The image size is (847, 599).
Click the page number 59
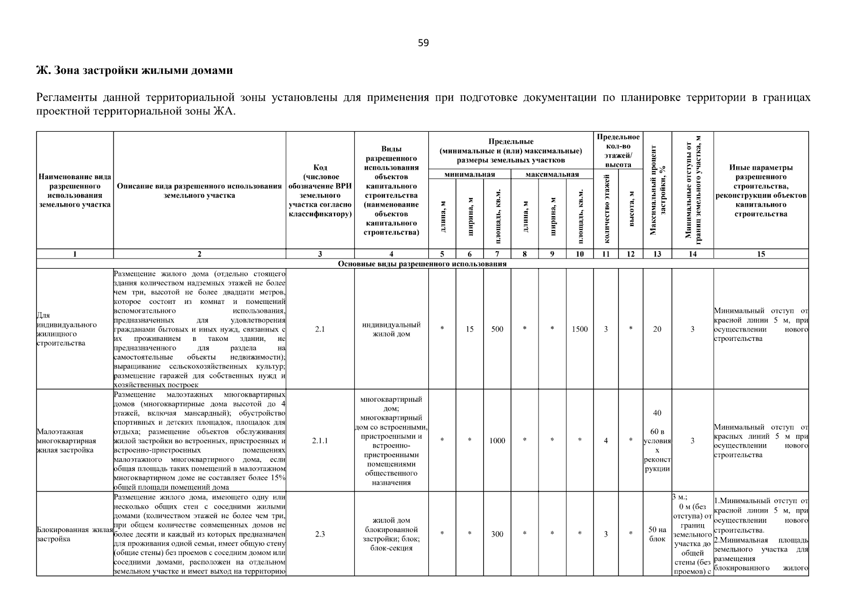tap(423, 43)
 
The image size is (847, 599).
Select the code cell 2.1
tap(320, 329)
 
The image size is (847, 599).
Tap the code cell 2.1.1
tap(320, 441)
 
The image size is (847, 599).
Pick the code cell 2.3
tap(320, 534)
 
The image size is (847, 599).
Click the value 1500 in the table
tap(579, 329)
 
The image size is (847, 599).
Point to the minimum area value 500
tap(497, 329)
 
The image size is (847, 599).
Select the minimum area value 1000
tap(497, 441)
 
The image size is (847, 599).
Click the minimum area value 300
tap(497, 534)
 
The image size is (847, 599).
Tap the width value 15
tap(470, 329)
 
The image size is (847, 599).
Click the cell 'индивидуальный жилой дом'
tap(391, 329)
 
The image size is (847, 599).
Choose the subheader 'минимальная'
tap(470, 174)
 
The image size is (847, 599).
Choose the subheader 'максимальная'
tap(552, 174)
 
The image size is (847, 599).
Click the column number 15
tap(761, 254)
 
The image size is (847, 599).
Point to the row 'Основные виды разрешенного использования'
tap(422, 264)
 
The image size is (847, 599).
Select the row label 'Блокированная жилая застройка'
tap(75, 534)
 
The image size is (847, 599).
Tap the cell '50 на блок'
tap(657, 534)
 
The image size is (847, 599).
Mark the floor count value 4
tap(606, 441)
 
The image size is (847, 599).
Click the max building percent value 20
tap(657, 329)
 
